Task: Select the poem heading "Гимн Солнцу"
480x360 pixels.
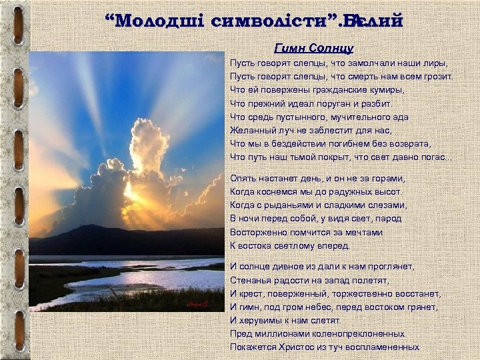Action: (313, 48)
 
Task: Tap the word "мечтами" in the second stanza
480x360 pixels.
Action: (362, 232)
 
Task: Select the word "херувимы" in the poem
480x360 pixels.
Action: (262, 320)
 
